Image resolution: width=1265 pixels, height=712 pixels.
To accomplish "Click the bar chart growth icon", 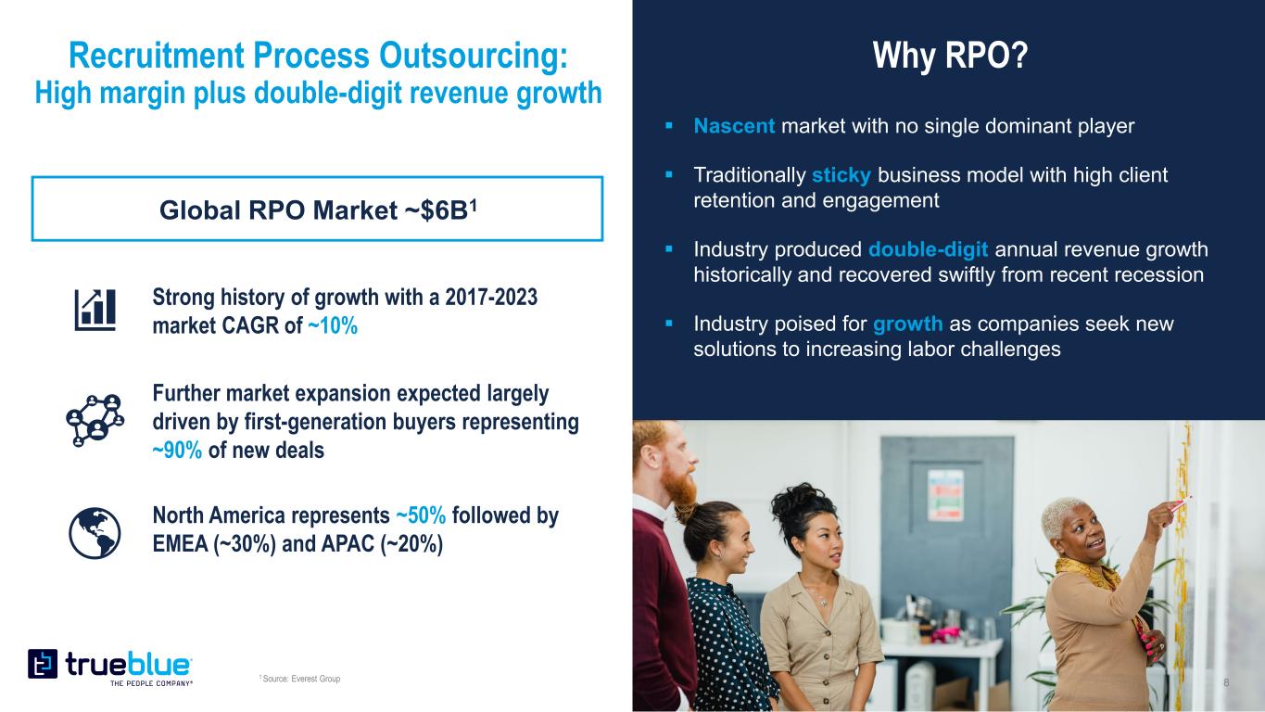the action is coord(95,311).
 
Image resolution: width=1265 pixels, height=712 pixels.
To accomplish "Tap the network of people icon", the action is coord(95,420).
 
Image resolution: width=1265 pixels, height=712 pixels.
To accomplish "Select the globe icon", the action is coord(95,533).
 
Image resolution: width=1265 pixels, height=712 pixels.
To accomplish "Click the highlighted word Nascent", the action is coord(734,125).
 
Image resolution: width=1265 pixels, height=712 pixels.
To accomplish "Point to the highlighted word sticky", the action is coord(841,175).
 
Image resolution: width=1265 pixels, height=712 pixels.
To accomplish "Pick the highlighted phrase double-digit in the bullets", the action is coord(928,249).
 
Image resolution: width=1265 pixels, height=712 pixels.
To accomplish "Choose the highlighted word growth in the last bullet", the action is coord(907,324).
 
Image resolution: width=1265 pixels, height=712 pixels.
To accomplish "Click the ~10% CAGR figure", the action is coord(333,326).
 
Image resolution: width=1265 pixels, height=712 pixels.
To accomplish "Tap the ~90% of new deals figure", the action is coord(177,451).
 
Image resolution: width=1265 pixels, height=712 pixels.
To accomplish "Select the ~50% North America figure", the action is coord(421,515).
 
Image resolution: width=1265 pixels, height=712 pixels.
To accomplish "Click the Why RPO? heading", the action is coord(951,56).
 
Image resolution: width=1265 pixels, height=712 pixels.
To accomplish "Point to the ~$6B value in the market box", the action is coord(440,210).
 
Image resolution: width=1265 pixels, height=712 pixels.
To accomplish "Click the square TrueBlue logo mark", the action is coord(43,664).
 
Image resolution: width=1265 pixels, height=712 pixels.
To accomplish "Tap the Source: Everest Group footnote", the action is coord(300,678).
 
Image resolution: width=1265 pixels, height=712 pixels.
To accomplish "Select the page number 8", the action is coord(1226,682).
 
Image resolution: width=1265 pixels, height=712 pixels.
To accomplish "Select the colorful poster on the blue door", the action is coord(945,495).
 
